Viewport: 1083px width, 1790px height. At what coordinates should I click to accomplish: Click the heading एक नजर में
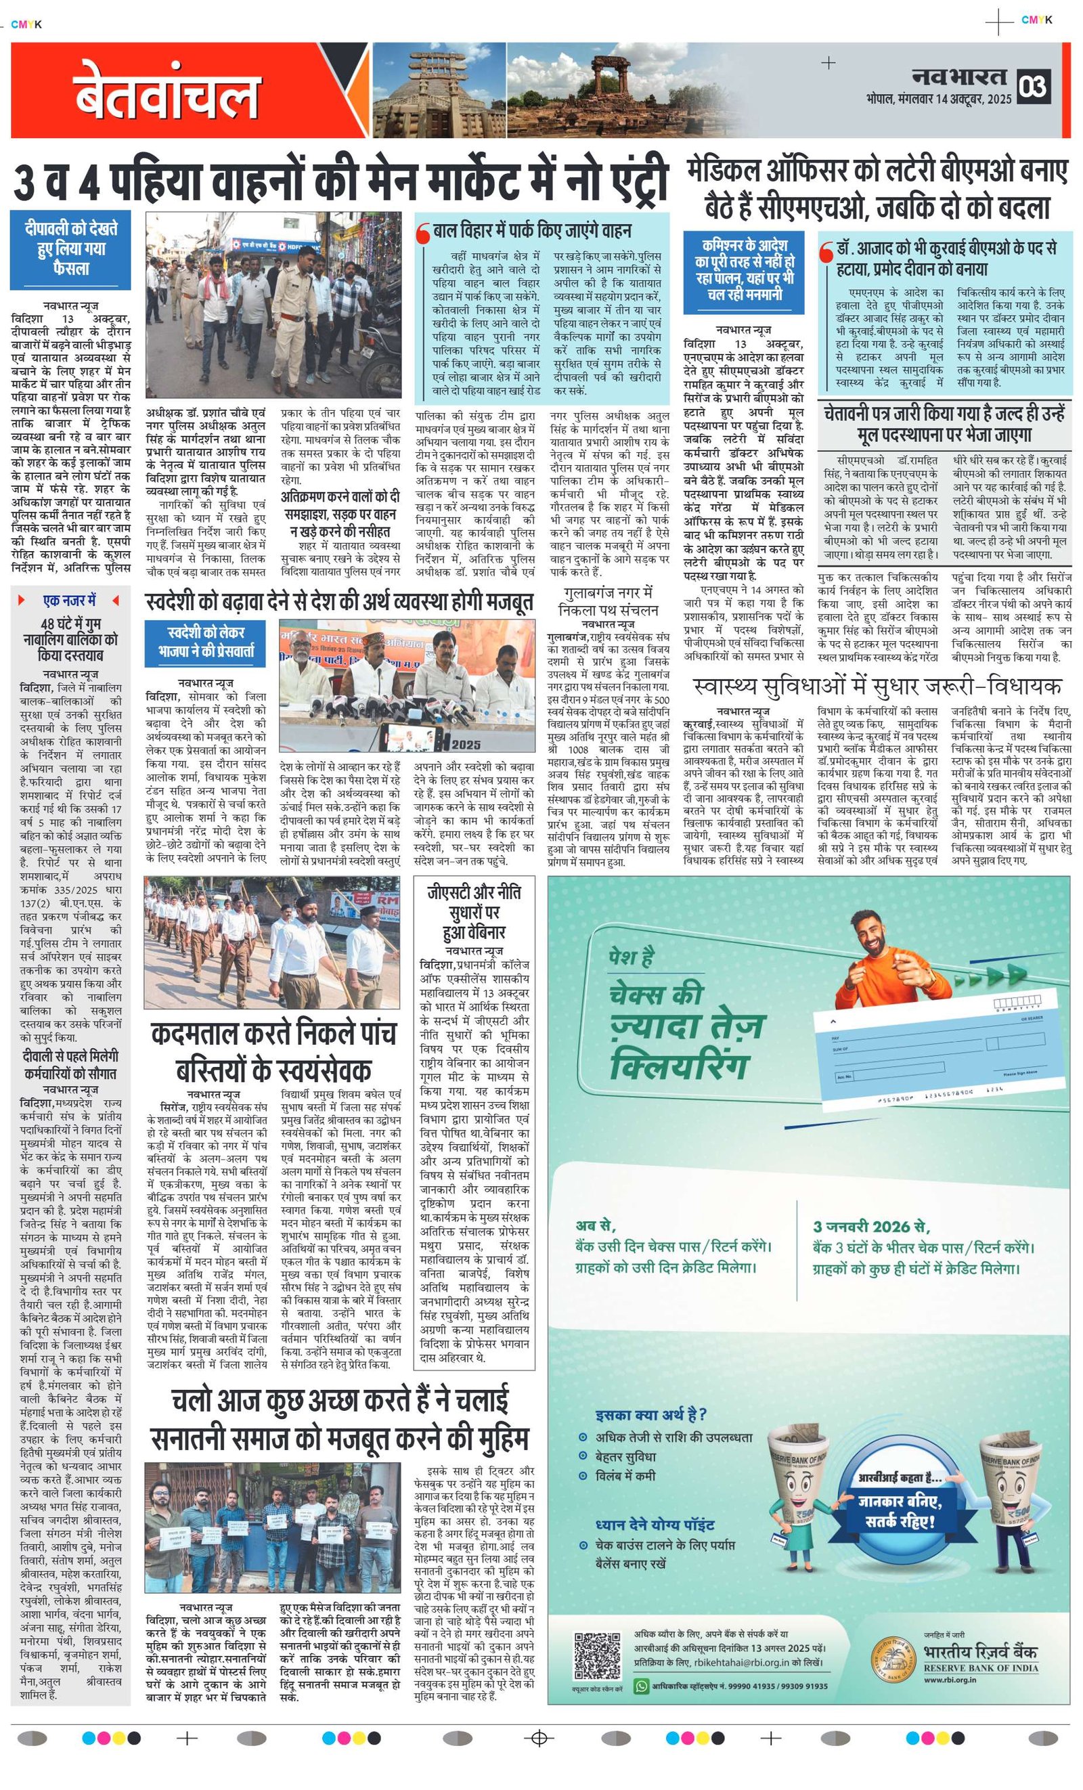point(70,601)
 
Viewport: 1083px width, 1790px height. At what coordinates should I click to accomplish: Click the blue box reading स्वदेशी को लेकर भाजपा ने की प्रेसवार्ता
point(206,643)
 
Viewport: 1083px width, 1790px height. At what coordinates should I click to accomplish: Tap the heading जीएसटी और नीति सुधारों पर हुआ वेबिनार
point(474,913)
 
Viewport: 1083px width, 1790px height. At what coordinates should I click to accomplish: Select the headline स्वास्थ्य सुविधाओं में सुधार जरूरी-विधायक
point(877,686)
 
